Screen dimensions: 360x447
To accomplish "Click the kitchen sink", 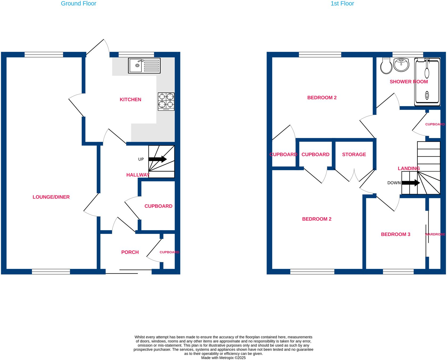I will (x=144, y=66).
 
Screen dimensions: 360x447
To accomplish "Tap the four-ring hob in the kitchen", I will (x=166, y=101).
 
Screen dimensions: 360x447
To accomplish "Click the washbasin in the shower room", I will (x=401, y=65).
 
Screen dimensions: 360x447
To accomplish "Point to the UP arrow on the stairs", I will (x=158, y=159).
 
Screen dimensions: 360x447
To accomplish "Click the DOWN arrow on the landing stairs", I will (x=411, y=183).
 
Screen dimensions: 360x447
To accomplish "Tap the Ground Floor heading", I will (x=78, y=3).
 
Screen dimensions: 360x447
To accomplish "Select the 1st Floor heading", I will (x=342, y=3).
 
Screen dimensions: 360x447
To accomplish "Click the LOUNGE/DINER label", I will (x=51, y=197).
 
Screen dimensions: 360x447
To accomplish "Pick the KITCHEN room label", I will (x=130, y=100).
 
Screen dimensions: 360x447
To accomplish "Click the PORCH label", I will (x=130, y=252).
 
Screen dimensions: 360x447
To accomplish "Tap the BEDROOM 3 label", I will (x=395, y=234).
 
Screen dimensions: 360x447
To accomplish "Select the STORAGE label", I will (x=354, y=155).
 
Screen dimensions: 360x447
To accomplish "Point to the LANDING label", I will (x=408, y=168).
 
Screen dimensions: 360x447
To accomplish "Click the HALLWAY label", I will (x=138, y=175).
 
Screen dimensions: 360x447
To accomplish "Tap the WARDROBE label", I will (x=435, y=234).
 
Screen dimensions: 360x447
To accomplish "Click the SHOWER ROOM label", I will (x=408, y=82).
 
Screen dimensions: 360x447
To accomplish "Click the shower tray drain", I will (x=427, y=95).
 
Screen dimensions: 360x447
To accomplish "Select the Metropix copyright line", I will (x=223, y=358).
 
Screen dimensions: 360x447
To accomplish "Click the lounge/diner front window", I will (x=51, y=271).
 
